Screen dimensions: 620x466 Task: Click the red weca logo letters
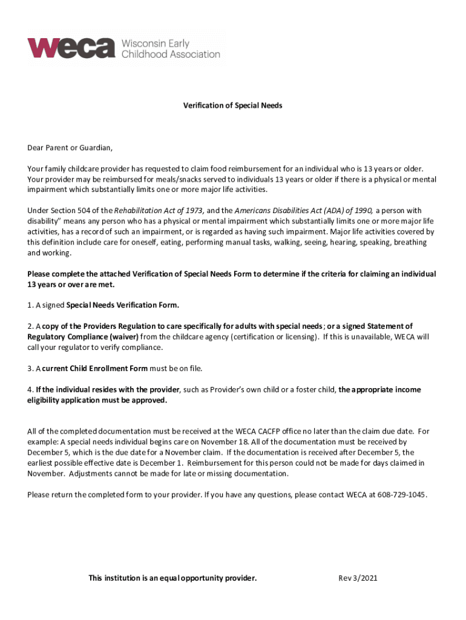pyautogui.click(x=71, y=47)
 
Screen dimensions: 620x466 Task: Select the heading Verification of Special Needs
pyautogui.click(x=233, y=106)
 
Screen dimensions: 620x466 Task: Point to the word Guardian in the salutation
pyautogui.click(x=94, y=147)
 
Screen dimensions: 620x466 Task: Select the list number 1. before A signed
pyautogui.click(x=30, y=305)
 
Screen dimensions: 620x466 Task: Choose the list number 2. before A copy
pyautogui.click(x=30, y=326)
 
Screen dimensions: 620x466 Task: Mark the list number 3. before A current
pyautogui.click(x=30, y=368)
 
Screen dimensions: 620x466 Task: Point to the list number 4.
pyautogui.click(x=30, y=389)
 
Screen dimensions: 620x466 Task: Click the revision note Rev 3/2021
pyautogui.click(x=358, y=578)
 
